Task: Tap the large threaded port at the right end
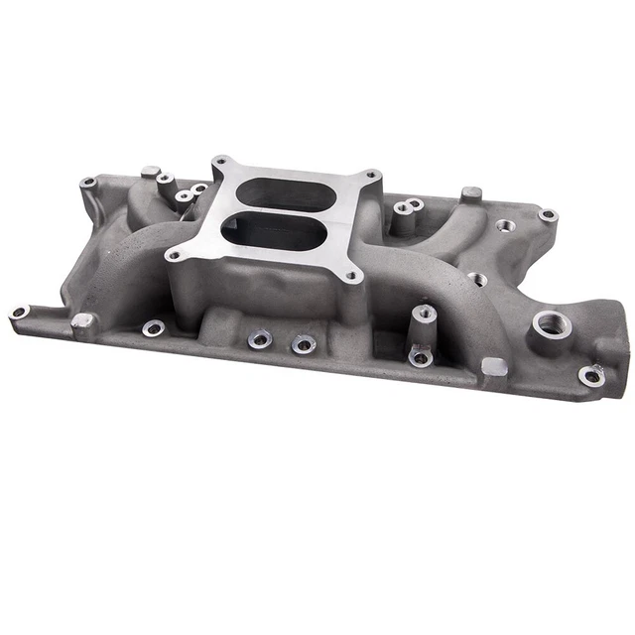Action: (x=549, y=323)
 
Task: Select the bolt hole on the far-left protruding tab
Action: (x=19, y=312)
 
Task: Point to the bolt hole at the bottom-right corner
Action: (x=591, y=375)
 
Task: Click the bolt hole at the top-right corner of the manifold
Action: (x=547, y=214)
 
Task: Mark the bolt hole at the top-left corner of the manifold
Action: (x=88, y=183)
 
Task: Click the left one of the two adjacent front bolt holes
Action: (x=260, y=338)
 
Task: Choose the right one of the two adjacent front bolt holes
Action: (x=303, y=343)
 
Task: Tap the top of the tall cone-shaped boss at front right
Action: (x=425, y=313)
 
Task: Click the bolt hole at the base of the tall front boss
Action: (x=421, y=357)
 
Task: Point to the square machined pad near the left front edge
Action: (x=83, y=320)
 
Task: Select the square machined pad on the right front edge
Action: (x=493, y=366)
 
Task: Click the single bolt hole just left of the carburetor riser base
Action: (x=153, y=326)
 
